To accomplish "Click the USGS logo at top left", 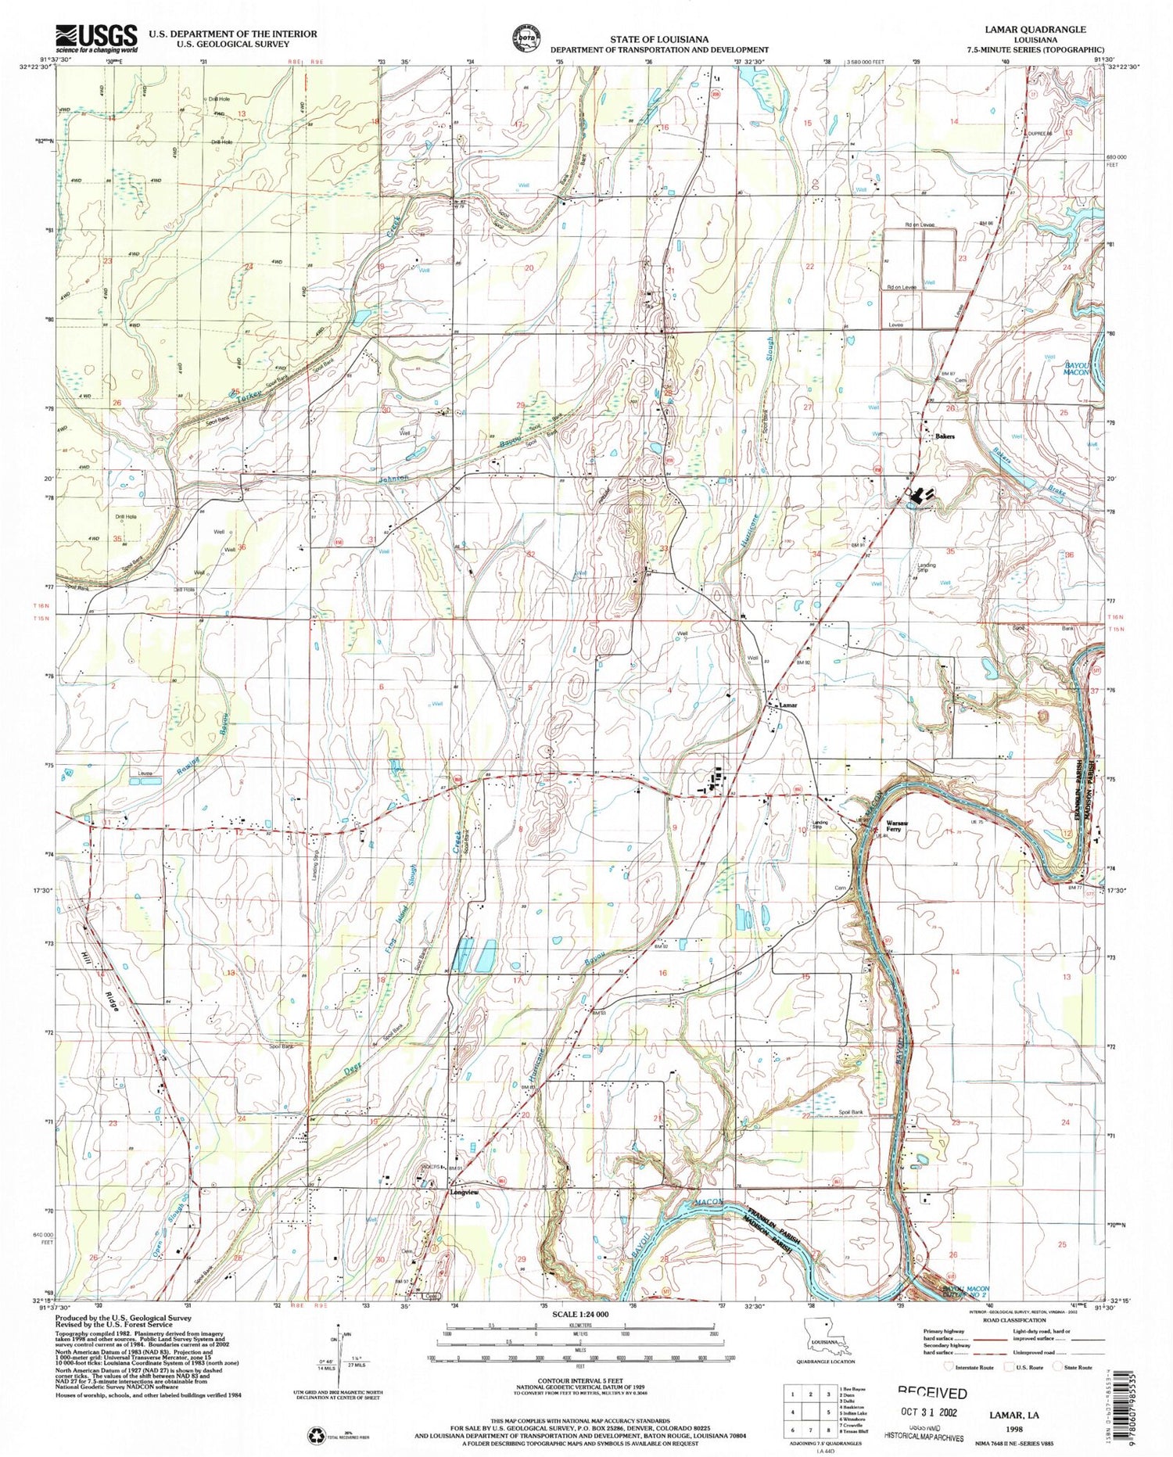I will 96,38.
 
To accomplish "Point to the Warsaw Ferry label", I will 895,825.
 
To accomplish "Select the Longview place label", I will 464,1193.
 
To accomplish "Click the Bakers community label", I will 945,436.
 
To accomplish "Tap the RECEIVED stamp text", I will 931,1393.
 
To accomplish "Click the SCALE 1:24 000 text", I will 579,1315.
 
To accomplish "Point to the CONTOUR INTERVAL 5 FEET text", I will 579,1382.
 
